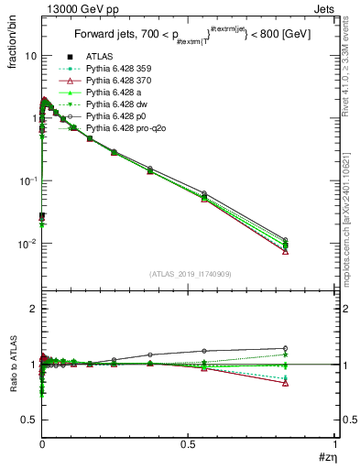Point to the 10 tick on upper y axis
[x=31, y=55]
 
